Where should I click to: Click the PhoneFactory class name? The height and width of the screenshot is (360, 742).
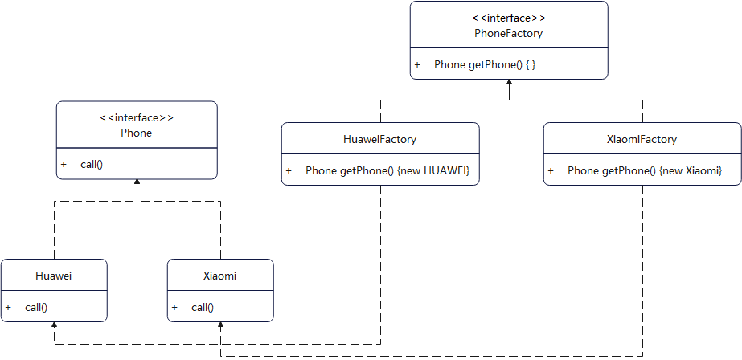[508, 34]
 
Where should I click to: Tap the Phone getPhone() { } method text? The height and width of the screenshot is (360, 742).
[485, 64]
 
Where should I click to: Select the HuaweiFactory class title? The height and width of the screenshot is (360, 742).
[379, 139]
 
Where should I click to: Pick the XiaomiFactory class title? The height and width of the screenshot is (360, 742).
[642, 139]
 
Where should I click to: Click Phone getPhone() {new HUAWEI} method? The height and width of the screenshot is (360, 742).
[387, 171]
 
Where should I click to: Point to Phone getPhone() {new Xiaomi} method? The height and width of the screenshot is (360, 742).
[645, 171]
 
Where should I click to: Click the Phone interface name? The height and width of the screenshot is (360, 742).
[136, 133]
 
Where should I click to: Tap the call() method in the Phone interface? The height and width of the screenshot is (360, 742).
[92, 164]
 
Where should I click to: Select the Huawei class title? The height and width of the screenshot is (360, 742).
[54, 276]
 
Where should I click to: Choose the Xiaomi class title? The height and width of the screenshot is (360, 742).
[219, 276]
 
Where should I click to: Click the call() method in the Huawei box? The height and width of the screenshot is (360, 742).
[36, 307]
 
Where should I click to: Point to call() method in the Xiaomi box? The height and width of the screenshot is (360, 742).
[203, 307]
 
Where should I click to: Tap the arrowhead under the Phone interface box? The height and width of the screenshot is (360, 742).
[137, 183]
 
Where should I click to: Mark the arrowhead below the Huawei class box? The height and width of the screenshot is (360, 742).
[54, 326]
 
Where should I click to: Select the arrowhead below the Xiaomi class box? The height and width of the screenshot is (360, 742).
[220, 326]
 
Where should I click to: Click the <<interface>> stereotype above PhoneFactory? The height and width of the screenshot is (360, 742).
[508, 18]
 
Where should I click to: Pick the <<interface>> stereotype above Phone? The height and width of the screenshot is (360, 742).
[136, 117]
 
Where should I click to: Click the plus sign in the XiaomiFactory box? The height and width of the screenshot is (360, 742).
[551, 171]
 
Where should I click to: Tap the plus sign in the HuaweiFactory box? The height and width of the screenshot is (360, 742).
[289, 171]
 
